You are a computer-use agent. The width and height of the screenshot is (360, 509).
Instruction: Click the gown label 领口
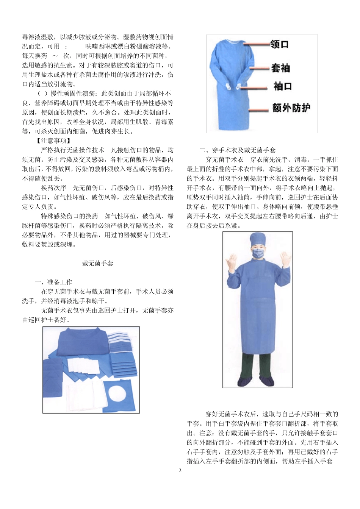[x=280, y=44]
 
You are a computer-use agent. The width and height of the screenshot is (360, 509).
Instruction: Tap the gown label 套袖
[x=280, y=68]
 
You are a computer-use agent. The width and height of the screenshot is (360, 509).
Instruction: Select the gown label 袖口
[x=283, y=87]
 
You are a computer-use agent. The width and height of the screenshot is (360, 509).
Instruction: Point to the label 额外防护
[x=291, y=108]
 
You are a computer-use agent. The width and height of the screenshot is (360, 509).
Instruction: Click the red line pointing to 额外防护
[x=258, y=111]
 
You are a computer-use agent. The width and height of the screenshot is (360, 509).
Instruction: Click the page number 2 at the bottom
[x=180, y=471]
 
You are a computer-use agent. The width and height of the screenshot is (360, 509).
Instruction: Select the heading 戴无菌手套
[x=97, y=263]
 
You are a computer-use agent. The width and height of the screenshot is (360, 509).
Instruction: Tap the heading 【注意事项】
[x=53, y=141]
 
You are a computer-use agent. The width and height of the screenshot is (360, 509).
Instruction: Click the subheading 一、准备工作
[x=53, y=282]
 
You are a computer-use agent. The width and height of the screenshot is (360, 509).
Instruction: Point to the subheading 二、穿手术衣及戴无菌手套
[x=238, y=150]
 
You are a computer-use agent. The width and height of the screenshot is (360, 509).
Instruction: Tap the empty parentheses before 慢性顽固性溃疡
[x=42, y=94]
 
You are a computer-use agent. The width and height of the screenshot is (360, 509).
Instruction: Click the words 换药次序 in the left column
[x=53, y=188]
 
